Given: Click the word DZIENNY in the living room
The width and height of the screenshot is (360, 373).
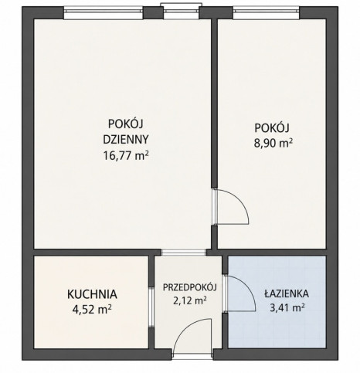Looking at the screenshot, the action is point(126,139).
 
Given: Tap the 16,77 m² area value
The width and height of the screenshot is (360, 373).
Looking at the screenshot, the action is point(126,155).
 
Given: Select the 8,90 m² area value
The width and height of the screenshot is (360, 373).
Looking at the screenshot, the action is point(273,143).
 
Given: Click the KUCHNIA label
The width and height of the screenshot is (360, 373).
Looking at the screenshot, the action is point(92,294).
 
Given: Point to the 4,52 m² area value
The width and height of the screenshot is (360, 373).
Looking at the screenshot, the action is point(92,310).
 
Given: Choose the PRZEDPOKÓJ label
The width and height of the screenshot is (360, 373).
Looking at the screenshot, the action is point(190,287).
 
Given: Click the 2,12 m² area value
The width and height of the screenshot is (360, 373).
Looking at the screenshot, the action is point(190,300).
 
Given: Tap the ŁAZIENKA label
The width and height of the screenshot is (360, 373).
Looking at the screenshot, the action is point(287,293).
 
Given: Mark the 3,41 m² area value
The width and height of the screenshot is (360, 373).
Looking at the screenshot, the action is point(287,307).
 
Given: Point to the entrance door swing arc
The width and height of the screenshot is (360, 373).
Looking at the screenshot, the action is point(184,327).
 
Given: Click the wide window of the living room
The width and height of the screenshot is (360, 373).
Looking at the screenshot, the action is point(104,13).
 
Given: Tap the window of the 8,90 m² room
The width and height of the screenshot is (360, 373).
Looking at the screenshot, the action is point(267,13).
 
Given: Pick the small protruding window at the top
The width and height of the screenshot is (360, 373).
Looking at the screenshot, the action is point(181,12).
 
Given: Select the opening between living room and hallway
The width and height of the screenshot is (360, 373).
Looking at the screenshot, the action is point(184,253).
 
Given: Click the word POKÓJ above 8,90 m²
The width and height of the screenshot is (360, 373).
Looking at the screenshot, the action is point(272,127).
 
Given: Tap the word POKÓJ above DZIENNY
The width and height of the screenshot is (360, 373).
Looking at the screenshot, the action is point(126,124).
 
